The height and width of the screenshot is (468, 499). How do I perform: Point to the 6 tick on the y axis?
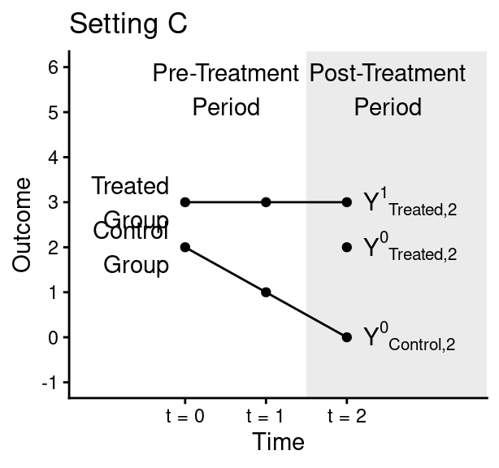[x=53, y=67]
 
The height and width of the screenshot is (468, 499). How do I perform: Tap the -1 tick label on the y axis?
[x=50, y=383]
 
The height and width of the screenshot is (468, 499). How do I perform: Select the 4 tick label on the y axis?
[x=53, y=158]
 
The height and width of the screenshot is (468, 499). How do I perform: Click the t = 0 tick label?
[x=185, y=417]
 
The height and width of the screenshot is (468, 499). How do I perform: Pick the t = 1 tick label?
[x=266, y=417]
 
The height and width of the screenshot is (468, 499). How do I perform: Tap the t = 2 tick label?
[x=347, y=417]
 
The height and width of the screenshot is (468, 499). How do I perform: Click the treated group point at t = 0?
[x=185, y=202]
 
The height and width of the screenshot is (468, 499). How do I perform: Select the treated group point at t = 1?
[x=266, y=202]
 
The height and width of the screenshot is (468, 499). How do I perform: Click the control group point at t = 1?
[x=266, y=292]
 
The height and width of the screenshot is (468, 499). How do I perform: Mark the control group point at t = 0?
[x=185, y=247]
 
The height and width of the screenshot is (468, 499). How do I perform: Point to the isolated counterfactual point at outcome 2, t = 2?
[x=347, y=247]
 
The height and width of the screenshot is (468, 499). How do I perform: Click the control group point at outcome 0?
[x=347, y=337]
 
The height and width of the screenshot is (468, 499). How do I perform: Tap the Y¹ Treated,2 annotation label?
[x=410, y=203]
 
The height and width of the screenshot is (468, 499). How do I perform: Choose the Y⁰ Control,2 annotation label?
[x=409, y=338]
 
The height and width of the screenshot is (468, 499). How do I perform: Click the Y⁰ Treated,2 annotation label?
[x=410, y=249]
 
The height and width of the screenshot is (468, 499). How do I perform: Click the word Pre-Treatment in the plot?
[x=226, y=75]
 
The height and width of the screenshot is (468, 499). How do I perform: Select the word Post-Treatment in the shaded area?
[x=388, y=75]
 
